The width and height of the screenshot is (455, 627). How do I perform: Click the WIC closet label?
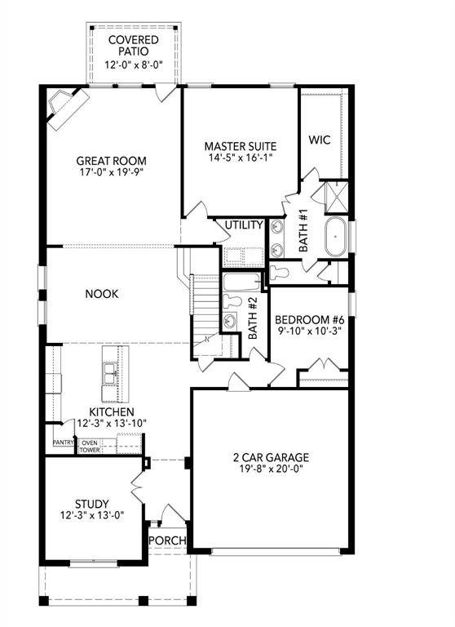pos(318,139)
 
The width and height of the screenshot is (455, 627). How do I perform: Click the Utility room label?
pos(244,225)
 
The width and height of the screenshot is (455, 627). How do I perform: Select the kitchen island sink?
pos(109,372)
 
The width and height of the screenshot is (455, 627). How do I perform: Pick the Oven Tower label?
pos(89,447)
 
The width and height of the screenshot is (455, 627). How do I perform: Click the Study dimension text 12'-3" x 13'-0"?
pos(91,516)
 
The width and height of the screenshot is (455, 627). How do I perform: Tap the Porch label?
pos(168,541)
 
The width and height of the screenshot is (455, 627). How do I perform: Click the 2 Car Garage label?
pos(270,457)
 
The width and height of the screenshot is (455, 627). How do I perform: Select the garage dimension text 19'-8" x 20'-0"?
pos(270,469)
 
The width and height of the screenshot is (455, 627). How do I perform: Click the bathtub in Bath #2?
pos(241,283)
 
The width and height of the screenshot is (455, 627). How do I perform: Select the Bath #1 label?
pos(303,230)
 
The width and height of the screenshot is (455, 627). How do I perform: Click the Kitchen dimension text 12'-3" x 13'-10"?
pos(113,425)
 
